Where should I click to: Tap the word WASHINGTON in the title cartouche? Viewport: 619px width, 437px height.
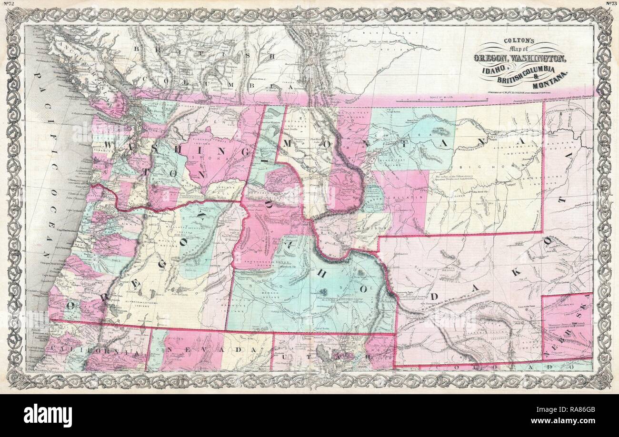pyautogui.click(x=539, y=59)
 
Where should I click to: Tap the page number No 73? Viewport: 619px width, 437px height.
pyautogui.click(x=611, y=4)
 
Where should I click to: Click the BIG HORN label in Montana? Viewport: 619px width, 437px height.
pyautogui.click(x=495, y=168)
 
